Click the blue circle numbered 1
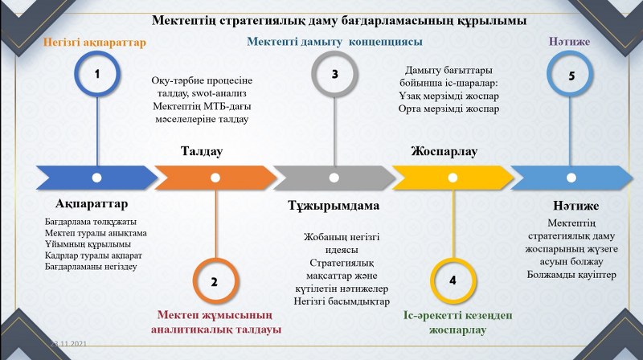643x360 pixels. click(x=97, y=75)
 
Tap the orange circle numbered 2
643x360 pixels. click(x=215, y=280)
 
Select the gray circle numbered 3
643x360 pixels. click(x=334, y=75)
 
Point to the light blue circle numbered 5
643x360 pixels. click(x=571, y=76)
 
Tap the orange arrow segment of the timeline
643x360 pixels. click(x=213, y=177)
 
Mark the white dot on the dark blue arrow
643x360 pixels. click(x=97, y=177)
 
